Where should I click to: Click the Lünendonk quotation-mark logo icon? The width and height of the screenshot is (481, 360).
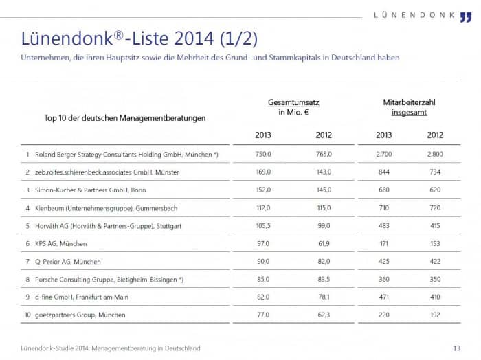466,17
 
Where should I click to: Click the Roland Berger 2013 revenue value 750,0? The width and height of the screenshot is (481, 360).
263,154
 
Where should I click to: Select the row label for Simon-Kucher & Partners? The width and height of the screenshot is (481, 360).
91,190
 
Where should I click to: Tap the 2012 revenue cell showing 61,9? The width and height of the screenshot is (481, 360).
324,243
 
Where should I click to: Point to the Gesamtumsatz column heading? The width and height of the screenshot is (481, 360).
293,102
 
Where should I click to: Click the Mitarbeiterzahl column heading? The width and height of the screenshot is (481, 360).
409,102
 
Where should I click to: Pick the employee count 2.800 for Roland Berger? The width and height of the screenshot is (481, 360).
435,154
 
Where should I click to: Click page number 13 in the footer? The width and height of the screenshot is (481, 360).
457,348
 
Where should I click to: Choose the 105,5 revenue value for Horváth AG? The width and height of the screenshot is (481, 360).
263,226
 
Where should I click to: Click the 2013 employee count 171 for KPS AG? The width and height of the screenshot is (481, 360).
384,243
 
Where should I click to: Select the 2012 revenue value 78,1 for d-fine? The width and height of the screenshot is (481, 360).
324,297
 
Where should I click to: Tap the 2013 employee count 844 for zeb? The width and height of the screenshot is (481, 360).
384,172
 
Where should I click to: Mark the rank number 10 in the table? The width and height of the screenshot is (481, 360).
27,315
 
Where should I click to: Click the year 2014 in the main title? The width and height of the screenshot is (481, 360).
193,38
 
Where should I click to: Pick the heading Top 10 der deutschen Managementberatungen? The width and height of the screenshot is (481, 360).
124,118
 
